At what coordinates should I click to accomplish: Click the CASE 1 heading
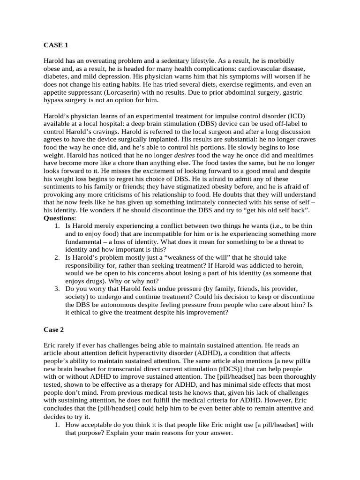coord(56,45)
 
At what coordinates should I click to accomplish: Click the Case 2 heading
coord(54,330)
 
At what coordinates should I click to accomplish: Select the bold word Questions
coord(59,218)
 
